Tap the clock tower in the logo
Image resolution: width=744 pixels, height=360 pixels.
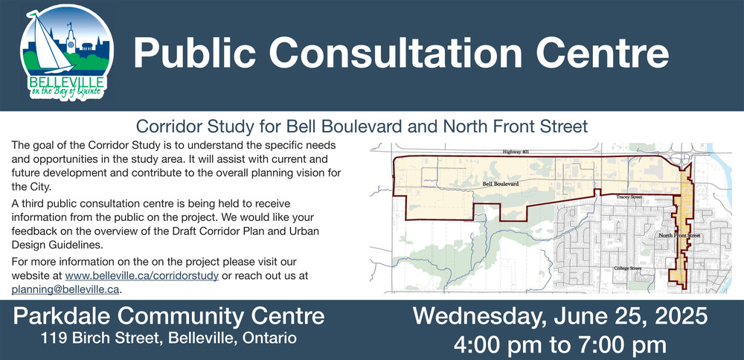(x=71, y=38)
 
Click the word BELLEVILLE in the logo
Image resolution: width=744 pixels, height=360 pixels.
(x=67, y=81)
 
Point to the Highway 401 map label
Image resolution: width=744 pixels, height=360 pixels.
(x=516, y=152)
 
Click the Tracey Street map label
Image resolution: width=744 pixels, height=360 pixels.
(x=629, y=197)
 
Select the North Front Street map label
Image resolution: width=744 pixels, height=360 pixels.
(x=679, y=235)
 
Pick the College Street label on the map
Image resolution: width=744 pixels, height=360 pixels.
(x=627, y=269)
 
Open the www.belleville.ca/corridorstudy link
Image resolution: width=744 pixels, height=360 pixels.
(x=142, y=275)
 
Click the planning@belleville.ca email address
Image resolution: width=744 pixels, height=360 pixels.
(x=65, y=289)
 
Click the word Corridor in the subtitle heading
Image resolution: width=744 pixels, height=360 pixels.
(x=166, y=126)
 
